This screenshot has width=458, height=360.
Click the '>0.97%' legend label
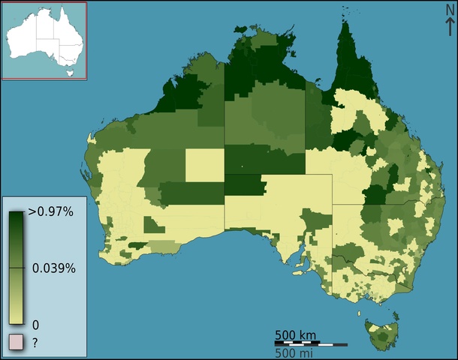50,212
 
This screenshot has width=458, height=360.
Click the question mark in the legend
34,342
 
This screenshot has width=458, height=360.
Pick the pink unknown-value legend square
15,343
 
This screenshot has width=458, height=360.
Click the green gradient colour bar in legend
17,266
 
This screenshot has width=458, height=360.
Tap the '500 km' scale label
295,334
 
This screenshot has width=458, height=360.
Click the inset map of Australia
44,40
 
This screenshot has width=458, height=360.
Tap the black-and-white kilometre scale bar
309,343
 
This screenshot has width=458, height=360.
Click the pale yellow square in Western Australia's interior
204,165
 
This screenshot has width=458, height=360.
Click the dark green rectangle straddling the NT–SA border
245,184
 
